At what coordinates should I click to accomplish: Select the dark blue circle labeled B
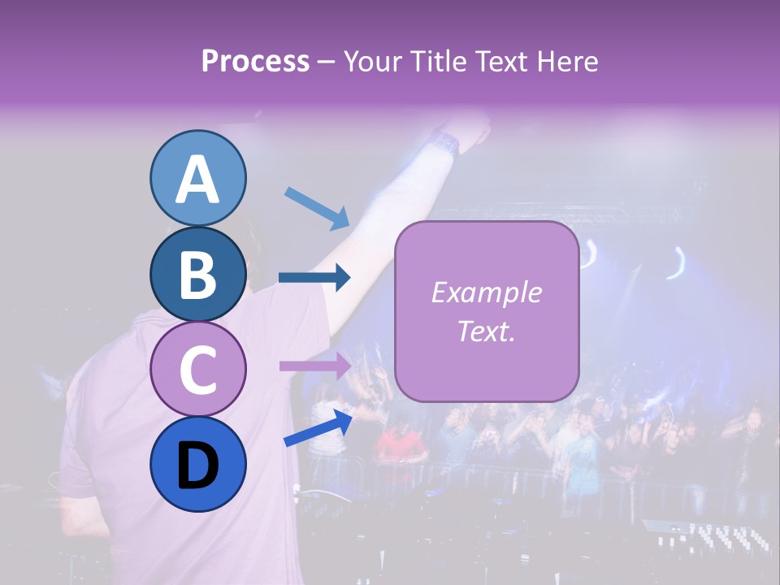[x=197, y=274]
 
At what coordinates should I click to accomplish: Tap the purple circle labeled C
[x=197, y=369]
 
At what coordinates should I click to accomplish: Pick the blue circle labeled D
[x=197, y=464]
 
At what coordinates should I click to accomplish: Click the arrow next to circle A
[x=317, y=207]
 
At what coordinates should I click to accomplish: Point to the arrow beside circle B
[x=314, y=278]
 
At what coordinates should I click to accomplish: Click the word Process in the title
[x=255, y=61]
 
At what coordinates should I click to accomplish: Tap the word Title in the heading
[x=436, y=61]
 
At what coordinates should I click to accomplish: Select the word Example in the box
[x=486, y=292]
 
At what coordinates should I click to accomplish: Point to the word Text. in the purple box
[x=486, y=331]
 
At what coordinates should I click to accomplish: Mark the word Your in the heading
[x=373, y=61]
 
